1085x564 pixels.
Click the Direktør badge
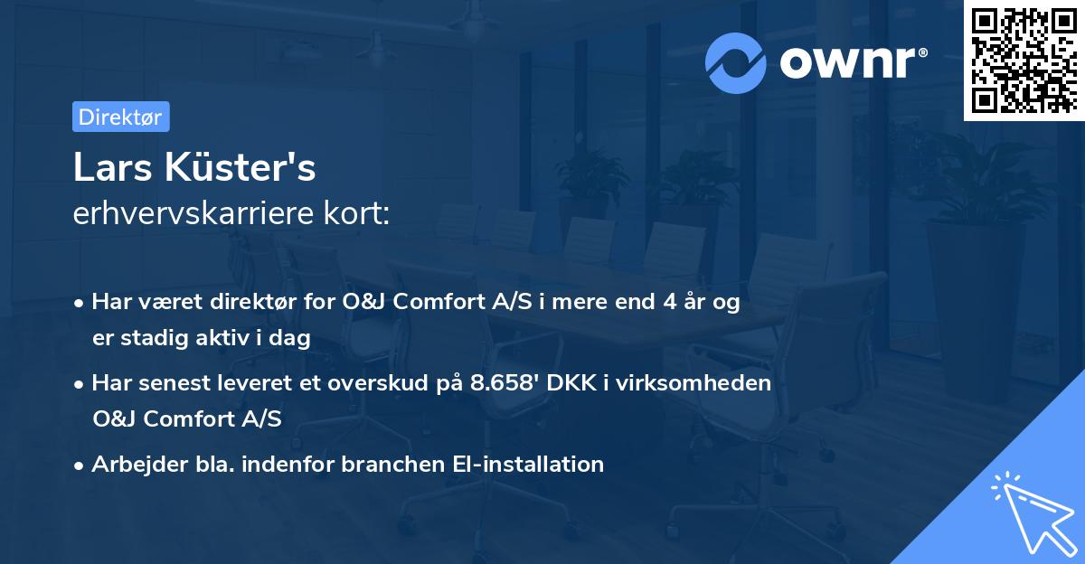[120, 117]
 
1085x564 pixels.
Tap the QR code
[1023, 60]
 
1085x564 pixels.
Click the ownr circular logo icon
[736, 62]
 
